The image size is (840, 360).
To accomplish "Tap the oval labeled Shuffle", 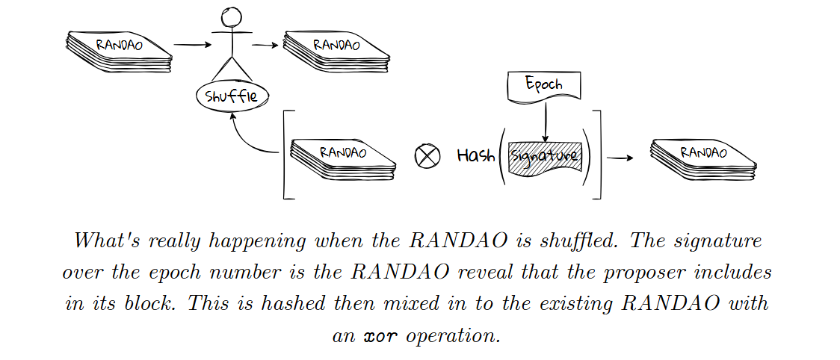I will point(231,96).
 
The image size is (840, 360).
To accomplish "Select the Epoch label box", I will point(544,84).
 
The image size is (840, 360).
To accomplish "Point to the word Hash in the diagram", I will point(475,156).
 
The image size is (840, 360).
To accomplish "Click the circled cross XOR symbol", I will point(427,157).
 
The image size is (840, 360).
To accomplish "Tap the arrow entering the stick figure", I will point(192,45).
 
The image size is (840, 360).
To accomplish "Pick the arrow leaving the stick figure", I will point(264,45).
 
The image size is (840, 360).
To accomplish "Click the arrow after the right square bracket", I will point(620,158).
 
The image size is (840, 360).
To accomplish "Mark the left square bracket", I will point(287,155).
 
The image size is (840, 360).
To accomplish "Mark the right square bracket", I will point(598,155).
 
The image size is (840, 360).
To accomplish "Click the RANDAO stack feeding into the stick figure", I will point(119,51).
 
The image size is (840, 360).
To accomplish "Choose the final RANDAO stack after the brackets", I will point(702,158).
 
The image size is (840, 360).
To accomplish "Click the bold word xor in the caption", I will point(380,335).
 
